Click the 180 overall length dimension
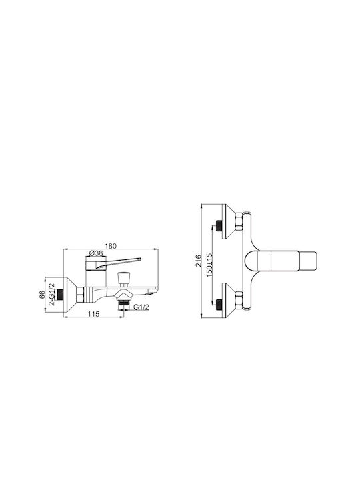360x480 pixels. [111, 246]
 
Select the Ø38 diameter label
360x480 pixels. [95, 253]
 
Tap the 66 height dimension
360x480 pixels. [42, 295]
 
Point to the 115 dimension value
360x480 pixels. [93, 314]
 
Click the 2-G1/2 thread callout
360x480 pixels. [52, 294]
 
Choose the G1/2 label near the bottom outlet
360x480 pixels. [141, 307]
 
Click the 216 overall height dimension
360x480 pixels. [199, 261]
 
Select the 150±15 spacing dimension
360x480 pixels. [209, 265]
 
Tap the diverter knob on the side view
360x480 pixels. [124, 278]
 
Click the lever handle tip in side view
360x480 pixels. [139, 259]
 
